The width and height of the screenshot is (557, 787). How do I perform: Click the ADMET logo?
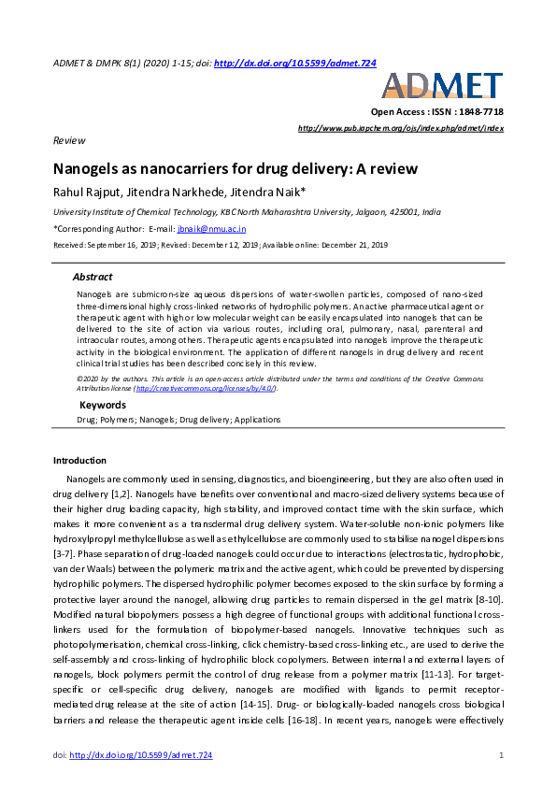[442, 86]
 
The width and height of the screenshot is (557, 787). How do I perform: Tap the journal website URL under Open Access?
[400, 127]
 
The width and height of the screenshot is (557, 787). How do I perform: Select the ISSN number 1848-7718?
[479, 111]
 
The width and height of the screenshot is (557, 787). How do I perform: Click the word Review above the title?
[68, 139]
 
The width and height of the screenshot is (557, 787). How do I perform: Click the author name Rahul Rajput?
[87, 193]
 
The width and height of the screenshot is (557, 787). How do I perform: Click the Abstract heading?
[93, 277]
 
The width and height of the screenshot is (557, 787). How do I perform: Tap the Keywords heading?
[102, 405]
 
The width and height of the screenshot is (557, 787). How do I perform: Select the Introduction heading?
[79, 460]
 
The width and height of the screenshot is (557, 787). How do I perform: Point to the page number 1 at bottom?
[502, 754]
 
